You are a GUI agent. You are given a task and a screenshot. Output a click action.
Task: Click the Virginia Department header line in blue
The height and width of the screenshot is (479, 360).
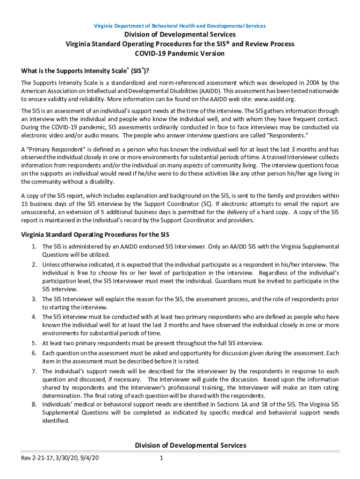click(x=180, y=26)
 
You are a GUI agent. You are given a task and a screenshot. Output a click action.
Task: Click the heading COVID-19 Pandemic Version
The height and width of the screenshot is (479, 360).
click(x=180, y=53)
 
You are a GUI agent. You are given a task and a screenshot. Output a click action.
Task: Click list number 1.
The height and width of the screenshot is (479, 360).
click(x=34, y=247)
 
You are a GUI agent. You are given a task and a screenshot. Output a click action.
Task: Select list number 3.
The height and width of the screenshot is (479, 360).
click(x=34, y=299)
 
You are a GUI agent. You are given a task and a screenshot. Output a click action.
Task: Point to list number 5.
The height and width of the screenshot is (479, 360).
click(x=34, y=343)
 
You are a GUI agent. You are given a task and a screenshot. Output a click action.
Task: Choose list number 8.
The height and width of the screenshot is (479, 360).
click(x=34, y=404)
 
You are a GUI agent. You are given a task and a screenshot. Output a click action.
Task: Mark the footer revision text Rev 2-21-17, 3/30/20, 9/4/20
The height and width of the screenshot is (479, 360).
click(x=60, y=458)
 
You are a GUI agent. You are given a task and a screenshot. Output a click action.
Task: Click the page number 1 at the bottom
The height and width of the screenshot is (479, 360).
click(x=160, y=458)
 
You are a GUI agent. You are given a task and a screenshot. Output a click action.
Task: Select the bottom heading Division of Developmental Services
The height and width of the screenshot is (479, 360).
click(x=190, y=445)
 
